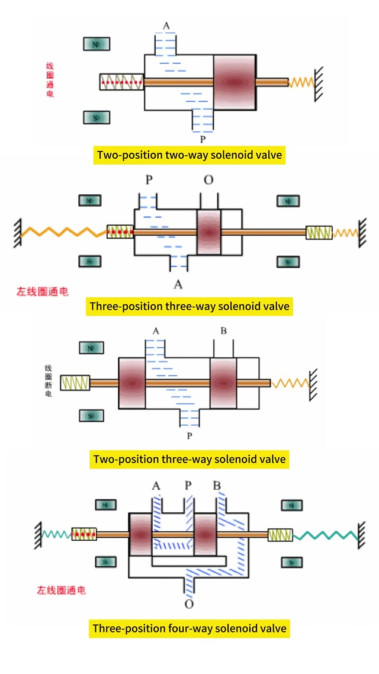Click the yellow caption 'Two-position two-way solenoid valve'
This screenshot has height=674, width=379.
(189, 155)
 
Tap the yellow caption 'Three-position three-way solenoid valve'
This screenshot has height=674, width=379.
(189, 306)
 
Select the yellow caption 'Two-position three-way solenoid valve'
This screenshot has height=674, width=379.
(189, 459)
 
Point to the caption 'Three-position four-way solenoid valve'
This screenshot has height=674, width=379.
(189, 628)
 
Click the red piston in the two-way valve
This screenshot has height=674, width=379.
(235, 82)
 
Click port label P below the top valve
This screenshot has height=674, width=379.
(203, 140)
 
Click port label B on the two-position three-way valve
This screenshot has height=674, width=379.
(223, 330)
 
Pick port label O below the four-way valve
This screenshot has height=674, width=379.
(189, 605)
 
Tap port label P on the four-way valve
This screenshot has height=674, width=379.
(188, 486)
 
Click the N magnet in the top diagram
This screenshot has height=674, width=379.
(95, 44)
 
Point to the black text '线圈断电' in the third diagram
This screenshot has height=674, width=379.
(48, 381)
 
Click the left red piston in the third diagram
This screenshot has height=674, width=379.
(132, 383)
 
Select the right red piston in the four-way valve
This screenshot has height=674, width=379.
(207, 534)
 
